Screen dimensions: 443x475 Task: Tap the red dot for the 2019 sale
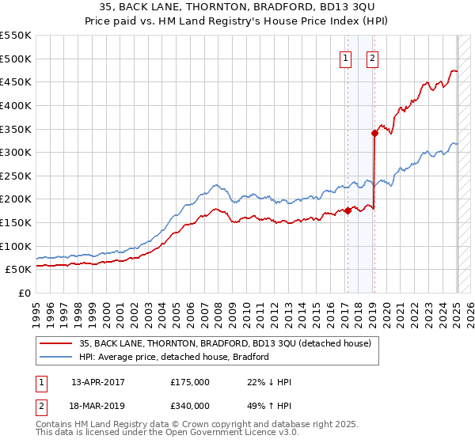pyautogui.click(x=374, y=134)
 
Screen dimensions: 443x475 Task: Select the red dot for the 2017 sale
pyautogui.click(x=348, y=210)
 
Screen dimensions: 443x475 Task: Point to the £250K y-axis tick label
pyautogui.click(x=16, y=176)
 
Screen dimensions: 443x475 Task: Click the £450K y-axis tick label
pyautogui.click(x=16, y=82)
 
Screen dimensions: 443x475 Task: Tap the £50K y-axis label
pyautogui.click(x=19, y=270)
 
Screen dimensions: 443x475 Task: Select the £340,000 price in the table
pyautogui.click(x=190, y=406)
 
